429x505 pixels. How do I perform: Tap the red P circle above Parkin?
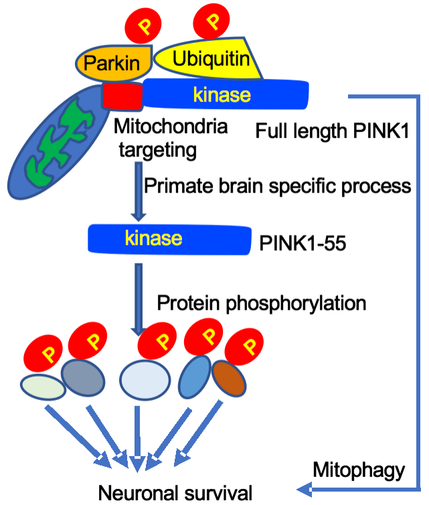coord(142,27)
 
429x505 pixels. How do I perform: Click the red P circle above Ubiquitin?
coord(212,19)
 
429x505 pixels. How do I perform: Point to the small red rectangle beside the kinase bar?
coord(122,96)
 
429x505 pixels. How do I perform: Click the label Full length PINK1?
coord(332,131)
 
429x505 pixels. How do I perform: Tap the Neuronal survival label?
coord(175,494)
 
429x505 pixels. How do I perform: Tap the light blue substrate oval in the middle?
coord(145,380)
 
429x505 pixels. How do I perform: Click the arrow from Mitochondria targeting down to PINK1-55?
coord(137,194)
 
